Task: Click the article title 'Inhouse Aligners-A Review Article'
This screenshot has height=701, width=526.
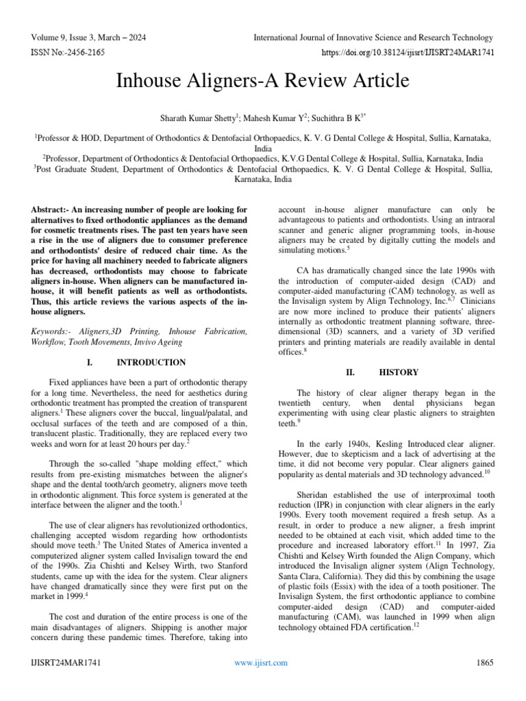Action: tap(263, 81)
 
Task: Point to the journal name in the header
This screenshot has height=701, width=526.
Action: tap(373, 38)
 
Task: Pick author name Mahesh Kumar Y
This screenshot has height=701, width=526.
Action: tap(263, 117)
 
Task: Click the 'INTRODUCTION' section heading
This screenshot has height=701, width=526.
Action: tap(151, 362)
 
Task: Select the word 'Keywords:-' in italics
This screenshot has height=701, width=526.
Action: tap(55, 331)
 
